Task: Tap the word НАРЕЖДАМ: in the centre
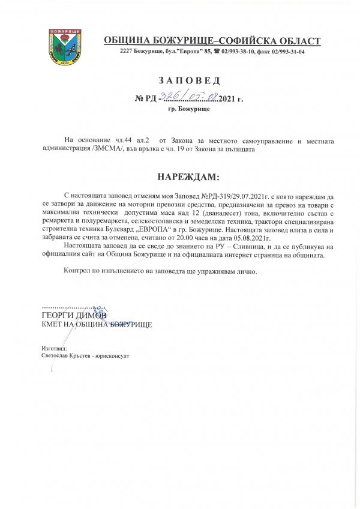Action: click(188, 178)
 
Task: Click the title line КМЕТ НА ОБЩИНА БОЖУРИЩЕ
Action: click(96, 324)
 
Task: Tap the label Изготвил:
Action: click(55, 348)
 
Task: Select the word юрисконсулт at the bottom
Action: click(113, 355)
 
